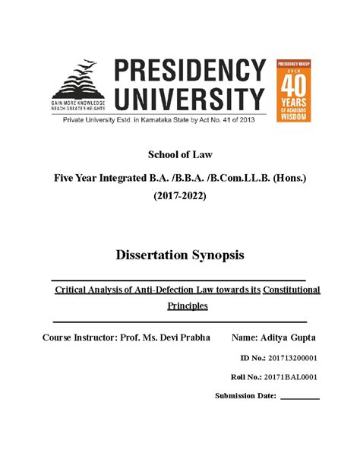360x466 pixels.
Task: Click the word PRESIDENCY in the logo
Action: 190,72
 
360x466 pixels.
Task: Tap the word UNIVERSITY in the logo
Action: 190,97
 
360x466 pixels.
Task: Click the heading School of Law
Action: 179,155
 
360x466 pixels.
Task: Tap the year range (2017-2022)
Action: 180,196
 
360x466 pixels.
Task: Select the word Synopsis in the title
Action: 218,255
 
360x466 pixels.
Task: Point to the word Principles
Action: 187,306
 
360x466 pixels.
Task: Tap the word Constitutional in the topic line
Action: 292,290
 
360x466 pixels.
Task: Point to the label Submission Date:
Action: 245,396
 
